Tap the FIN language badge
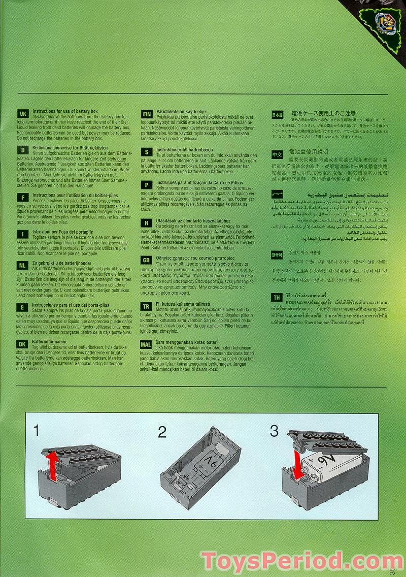point(146,114)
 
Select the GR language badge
point(146,260)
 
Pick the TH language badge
point(277,298)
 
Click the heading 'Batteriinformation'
point(49,342)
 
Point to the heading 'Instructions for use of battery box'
point(65,111)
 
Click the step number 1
point(37,431)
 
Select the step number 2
point(162,432)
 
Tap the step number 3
point(274,431)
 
